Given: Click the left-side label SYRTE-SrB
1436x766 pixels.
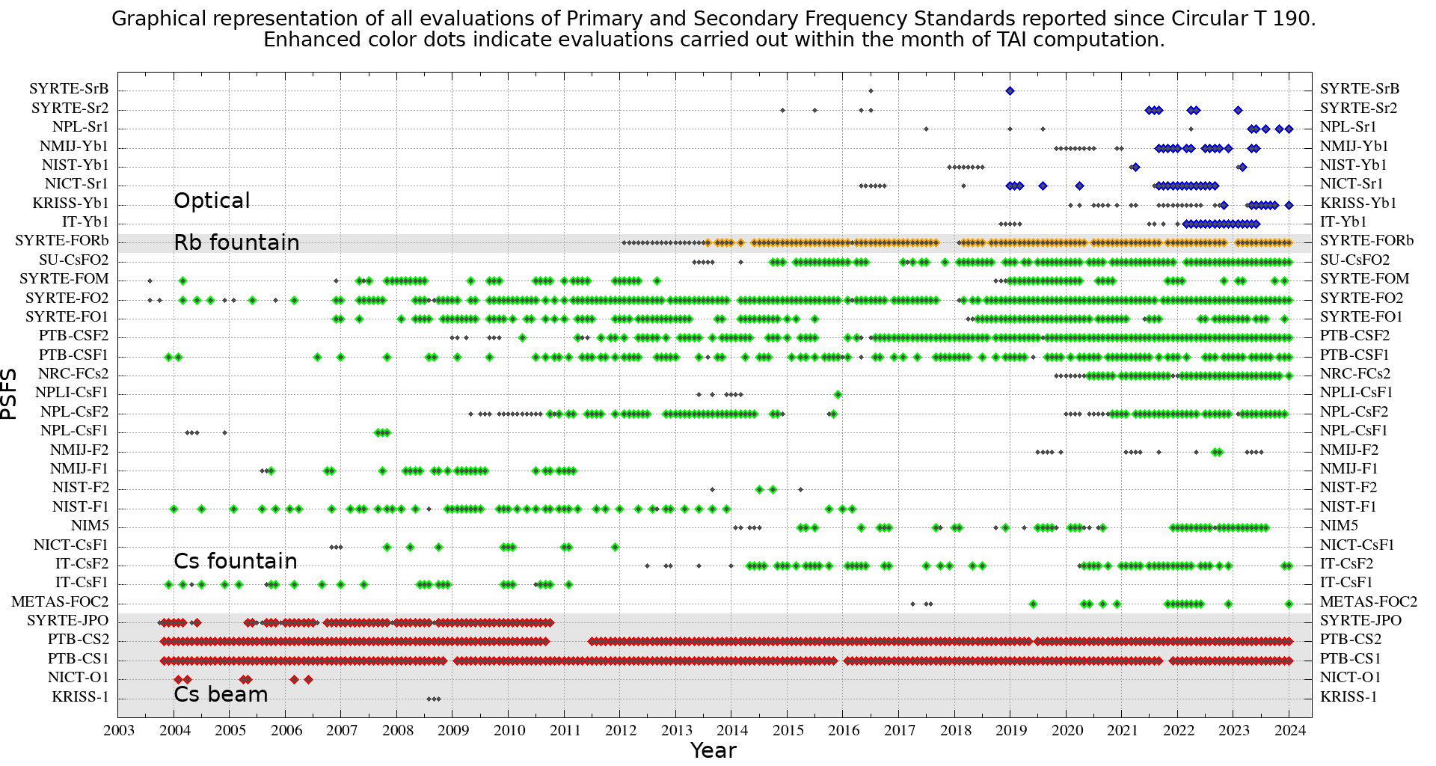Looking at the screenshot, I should [x=69, y=89].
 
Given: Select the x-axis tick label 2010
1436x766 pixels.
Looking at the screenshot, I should [x=509, y=731].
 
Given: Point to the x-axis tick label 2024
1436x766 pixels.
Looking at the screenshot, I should [x=1290, y=731].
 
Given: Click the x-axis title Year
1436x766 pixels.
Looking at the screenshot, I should [x=714, y=750].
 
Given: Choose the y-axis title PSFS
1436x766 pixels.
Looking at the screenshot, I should [x=9, y=393].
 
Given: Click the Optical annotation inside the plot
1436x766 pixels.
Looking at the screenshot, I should [x=212, y=200].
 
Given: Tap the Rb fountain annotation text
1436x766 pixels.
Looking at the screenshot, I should [x=236, y=242].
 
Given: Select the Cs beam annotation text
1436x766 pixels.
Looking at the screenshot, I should [x=221, y=694].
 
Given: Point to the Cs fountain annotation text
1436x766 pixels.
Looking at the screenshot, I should [x=236, y=561].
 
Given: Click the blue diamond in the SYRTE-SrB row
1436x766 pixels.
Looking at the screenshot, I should [x=1010, y=91].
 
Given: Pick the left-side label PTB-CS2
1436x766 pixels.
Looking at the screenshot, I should [x=79, y=640].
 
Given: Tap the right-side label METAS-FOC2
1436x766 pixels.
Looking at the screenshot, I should [x=1368, y=602].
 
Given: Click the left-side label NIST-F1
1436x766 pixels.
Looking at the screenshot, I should [x=80, y=507].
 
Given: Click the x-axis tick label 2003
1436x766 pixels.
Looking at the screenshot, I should [x=119, y=731].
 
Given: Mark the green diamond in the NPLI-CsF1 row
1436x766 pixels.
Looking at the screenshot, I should [x=838, y=394].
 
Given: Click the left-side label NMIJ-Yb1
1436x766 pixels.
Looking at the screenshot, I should [x=74, y=147].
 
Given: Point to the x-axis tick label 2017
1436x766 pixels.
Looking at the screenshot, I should [x=900, y=731].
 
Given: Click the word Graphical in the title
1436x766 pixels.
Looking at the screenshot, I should [x=159, y=19].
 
